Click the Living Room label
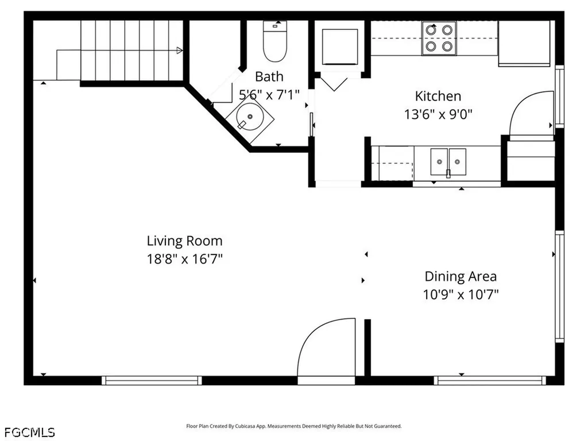tap(184, 241)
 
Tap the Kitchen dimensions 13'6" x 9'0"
tap(438, 114)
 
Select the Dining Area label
tap(461, 276)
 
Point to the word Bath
tap(269, 76)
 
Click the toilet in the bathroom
tap(275, 41)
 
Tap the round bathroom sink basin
tap(250, 117)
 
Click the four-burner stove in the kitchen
tap(439, 38)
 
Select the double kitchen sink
tap(448, 162)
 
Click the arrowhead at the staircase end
tap(180, 51)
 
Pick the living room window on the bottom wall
tap(152, 380)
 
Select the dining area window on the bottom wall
tap(490, 380)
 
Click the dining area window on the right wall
tap(559, 287)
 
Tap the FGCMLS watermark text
tap(30, 432)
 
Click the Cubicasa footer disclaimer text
tap(293, 426)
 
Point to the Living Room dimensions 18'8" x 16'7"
tap(184, 259)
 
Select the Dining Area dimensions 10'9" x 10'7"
tap(461, 295)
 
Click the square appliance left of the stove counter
tap(340, 47)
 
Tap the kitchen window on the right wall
tap(559, 96)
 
